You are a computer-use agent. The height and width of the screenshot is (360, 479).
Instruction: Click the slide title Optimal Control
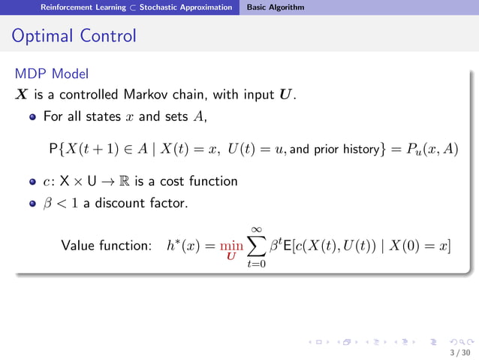74,35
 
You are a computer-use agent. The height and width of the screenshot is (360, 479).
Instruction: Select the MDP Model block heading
51,74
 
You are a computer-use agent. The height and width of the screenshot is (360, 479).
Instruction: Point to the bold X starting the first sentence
22,95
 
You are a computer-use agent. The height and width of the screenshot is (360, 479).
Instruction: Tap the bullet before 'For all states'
33,117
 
